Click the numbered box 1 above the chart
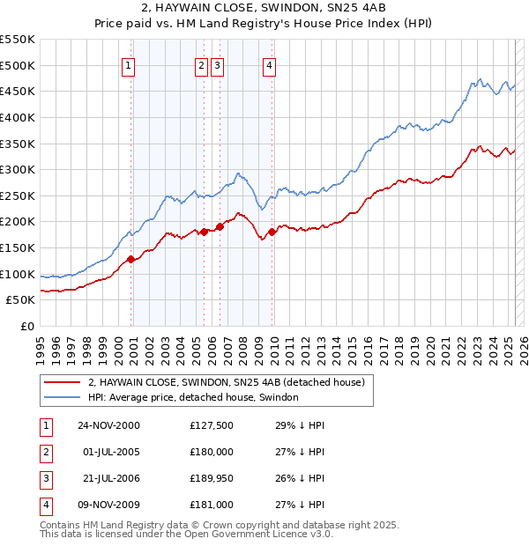pos(129,64)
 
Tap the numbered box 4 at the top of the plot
pos(269,64)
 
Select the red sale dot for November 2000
pos(131,259)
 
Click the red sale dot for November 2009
pos(272,232)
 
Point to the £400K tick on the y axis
pos(19,117)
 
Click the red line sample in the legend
pos(62,382)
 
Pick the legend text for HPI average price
pos(193,397)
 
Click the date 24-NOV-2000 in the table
pos(108,426)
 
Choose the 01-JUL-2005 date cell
pos(108,453)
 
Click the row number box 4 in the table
pos(45,505)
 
